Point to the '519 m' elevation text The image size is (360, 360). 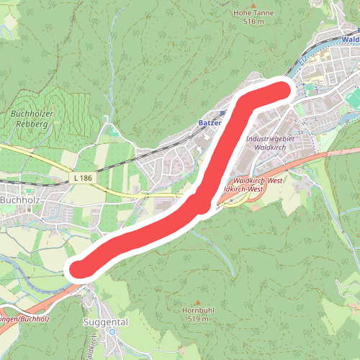tap(198, 318)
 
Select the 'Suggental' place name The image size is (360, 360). tap(105, 323)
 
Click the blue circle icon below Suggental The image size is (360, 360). tap(112, 332)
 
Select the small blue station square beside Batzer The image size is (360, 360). tap(223, 112)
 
